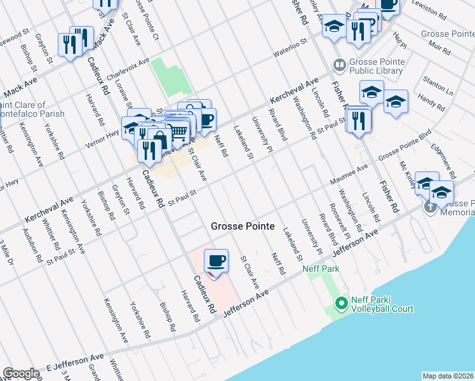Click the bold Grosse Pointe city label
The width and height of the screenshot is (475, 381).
pyautogui.click(x=243, y=227)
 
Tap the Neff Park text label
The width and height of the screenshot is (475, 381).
pyautogui.click(x=321, y=269)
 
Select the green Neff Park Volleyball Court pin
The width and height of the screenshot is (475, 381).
pyautogui.click(x=341, y=304)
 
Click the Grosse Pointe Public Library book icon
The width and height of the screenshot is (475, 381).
pyautogui.click(x=339, y=65)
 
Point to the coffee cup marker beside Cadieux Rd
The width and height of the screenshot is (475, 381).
pyautogui.click(x=216, y=261)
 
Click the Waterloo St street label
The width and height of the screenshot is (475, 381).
pyautogui.click(x=290, y=49)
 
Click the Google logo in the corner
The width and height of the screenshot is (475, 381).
pyautogui.click(x=21, y=373)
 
